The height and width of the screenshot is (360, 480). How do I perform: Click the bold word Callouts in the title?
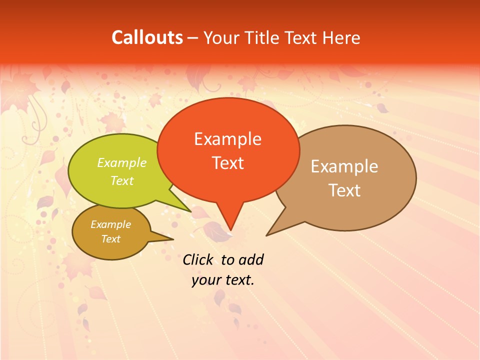pyautogui.click(x=147, y=37)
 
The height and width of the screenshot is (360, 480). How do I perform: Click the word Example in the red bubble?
pyautogui.click(x=227, y=139)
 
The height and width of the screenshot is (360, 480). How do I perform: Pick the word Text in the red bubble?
pyautogui.click(x=228, y=163)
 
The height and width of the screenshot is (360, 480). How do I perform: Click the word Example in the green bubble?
pyautogui.click(x=122, y=163)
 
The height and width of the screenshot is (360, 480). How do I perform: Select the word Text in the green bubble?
pyautogui.click(x=122, y=180)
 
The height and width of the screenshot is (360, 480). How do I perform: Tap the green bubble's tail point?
pyautogui.click(x=190, y=212)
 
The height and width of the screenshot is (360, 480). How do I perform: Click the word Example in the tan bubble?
pyautogui.click(x=344, y=166)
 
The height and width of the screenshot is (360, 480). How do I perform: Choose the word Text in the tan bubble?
pyautogui.click(x=344, y=190)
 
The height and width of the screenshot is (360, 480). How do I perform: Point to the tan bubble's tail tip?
pyautogui.click(x=267, y=235)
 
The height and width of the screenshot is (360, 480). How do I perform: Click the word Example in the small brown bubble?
pyautogui.click(x=110, y=224)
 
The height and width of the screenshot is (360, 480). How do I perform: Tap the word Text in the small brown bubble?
pyautogui.click(x=110, y=239)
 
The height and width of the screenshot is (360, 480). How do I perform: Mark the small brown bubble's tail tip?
pyautogui.click(x=172, y=239)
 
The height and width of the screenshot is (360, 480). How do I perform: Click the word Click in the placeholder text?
pyautogui.click(x=198, y=259)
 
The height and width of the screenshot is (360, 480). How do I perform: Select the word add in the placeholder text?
pyautogui.click(x=251, y=259)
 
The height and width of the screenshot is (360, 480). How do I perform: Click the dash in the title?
pyautogui.click(x=193, y=38)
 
